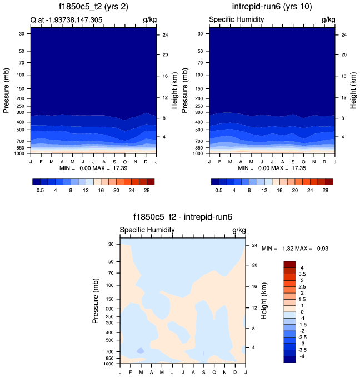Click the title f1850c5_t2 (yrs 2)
coord(93,7)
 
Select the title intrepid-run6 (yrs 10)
coord(272,7)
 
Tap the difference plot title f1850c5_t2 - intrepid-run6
coord(183,218)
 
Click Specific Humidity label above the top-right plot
coord(236,20)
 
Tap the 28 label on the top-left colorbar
coord(147,190)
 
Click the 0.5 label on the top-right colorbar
coord(219,190)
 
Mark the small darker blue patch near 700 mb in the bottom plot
coord(141,350)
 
